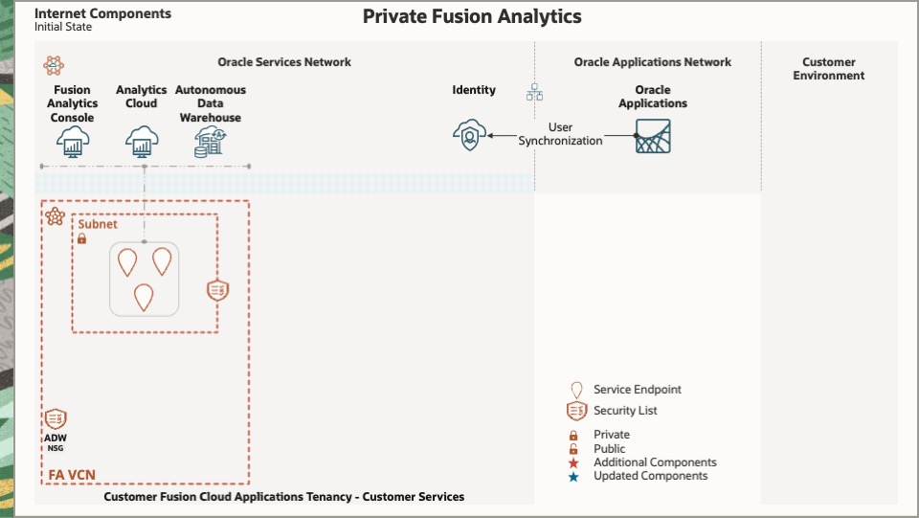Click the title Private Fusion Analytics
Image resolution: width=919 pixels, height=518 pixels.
tap(472, 16)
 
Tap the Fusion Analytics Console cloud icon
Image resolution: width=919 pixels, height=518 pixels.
tap(73, 142)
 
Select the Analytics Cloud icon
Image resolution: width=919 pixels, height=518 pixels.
tap(142, 142)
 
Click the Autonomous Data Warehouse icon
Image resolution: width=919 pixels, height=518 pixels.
tap(210, 142)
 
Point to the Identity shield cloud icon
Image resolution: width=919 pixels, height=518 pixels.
tap(469, 136)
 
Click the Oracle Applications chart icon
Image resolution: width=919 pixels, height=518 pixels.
tap(653, 136)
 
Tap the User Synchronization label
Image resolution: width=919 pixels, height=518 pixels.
tap(560, 134)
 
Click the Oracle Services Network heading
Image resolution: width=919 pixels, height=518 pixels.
tap(284, 62)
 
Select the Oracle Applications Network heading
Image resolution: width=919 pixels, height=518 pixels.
tap(652, 62)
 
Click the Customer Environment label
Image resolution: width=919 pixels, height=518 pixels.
tap(829, 69)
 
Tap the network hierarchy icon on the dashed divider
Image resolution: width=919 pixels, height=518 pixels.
tap(534, 93)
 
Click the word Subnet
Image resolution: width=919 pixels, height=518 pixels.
tap(98, 224)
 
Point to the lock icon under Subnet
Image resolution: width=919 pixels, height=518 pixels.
tap(82, 238)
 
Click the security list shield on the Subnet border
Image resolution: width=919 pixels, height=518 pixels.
tap(218, 290)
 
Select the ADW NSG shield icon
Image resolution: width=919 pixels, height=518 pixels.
tap(56, 418)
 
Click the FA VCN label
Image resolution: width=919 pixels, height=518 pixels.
tap(72, 474)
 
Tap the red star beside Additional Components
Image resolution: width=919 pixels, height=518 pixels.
tap(574, 462)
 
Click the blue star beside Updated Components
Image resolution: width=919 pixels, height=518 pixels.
tap(574, 476)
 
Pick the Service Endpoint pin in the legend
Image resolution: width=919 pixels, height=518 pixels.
tap(576, 390)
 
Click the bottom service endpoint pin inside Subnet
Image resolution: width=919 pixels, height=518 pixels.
tap(144, 297)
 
